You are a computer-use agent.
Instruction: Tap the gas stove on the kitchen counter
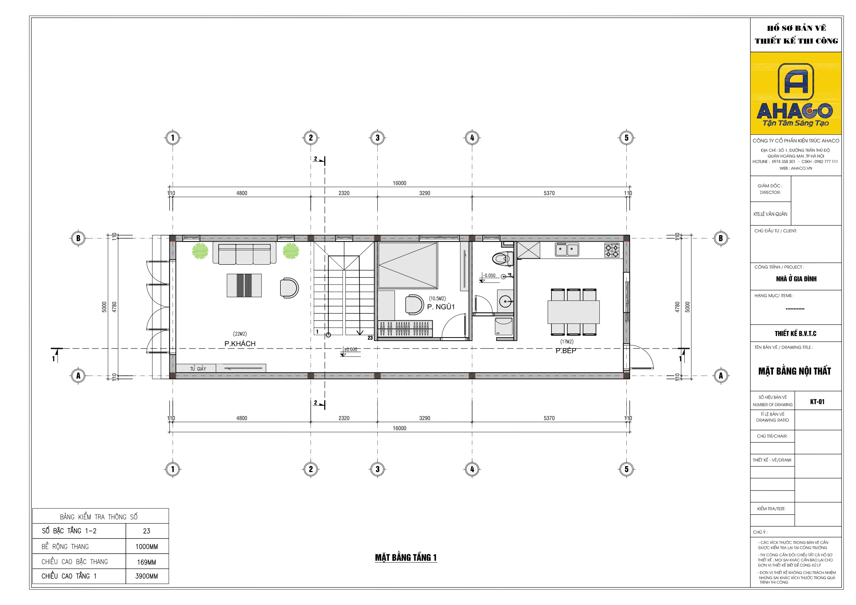coord(612,251)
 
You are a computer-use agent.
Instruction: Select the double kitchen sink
coord(567,249)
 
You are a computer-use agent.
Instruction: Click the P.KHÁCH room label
coord(240,344)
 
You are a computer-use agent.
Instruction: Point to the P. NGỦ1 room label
coord(441,307)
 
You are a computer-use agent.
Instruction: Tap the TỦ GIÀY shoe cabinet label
coord(198,369)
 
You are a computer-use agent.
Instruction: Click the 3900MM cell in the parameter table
coord(147,576)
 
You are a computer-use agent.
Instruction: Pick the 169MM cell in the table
coord(147,562)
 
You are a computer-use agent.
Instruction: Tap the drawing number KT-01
coord(817,402)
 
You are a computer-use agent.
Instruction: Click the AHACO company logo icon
coord(796,81)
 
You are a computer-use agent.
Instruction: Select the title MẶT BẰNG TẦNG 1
coord(406,557)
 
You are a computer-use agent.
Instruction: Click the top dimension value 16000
coord(399,183)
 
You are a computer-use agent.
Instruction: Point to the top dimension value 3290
coord(425,193)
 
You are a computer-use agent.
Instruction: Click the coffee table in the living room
coord(244,285)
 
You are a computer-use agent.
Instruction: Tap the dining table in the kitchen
coord(574,312)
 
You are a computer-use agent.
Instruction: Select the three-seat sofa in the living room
coord(245,253)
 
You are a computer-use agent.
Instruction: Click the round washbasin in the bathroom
coord(506,301)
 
